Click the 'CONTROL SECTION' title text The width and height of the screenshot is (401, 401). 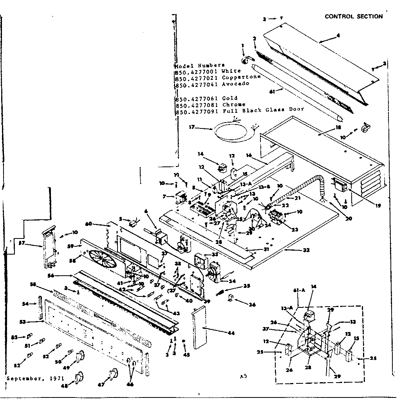coord(354,16)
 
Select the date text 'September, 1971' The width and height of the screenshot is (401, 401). coord(31,379)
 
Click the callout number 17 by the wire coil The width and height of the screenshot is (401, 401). coord(192,127)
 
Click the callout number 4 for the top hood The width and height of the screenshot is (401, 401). coord(338,36)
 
